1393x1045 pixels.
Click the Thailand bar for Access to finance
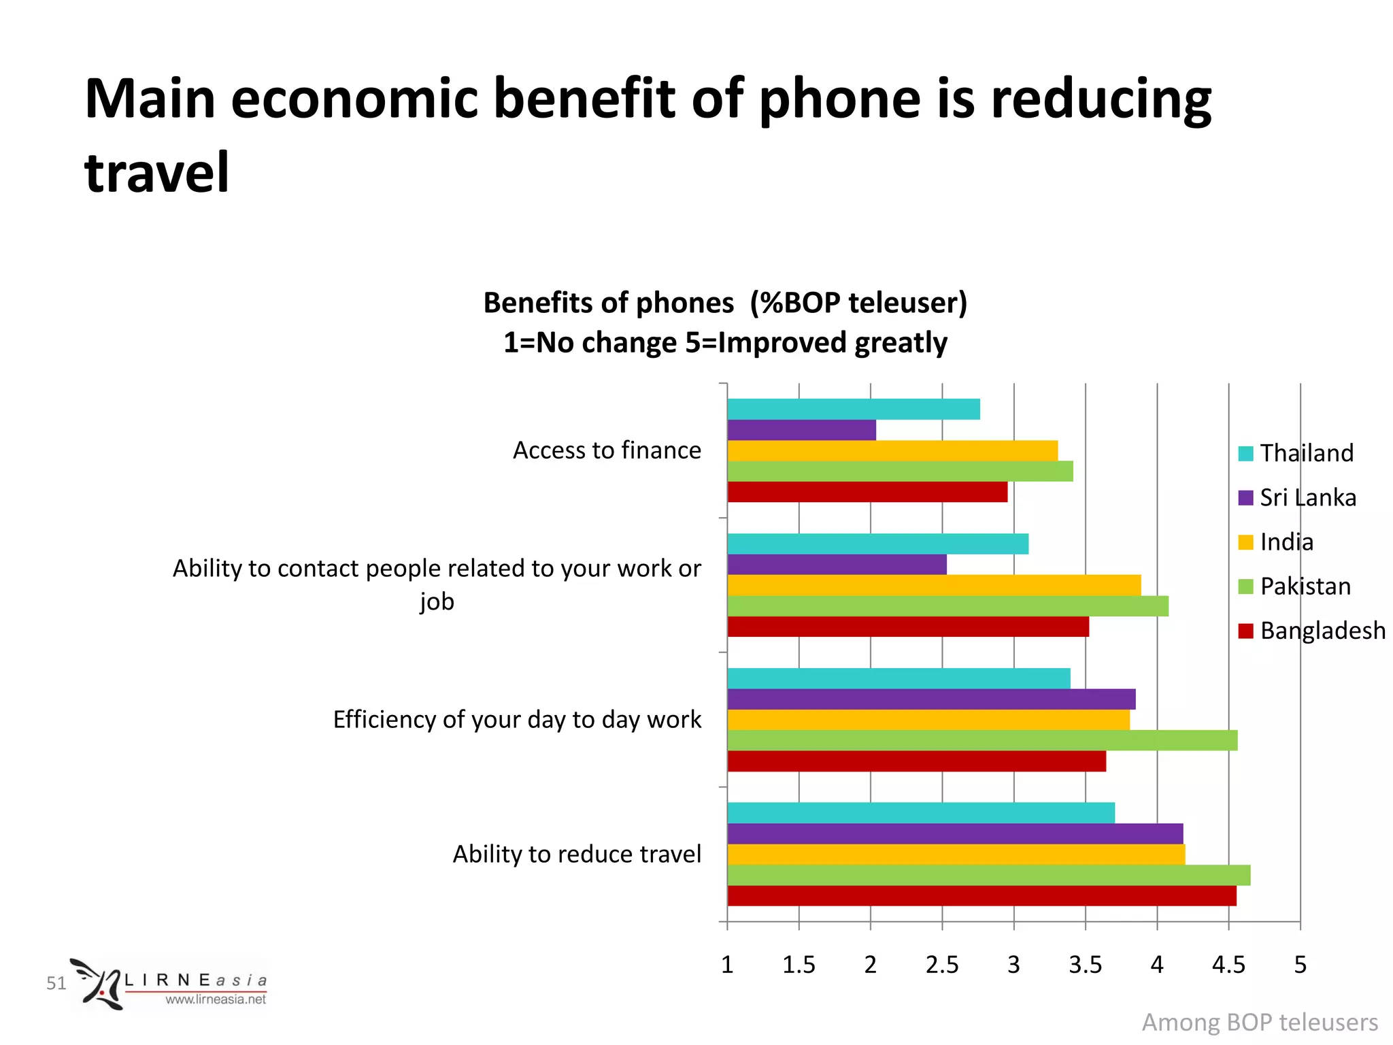coord(853,409)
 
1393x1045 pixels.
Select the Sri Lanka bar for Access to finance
coord(801,430)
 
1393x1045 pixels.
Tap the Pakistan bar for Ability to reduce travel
coord(988,875)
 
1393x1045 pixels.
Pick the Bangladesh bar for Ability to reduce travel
coord(981,896)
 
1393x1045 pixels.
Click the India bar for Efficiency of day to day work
coord(928,720)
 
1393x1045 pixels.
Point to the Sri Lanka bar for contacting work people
coord(837,565)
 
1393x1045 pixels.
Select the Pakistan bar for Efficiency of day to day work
coord(982,740)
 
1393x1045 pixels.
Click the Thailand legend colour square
coord(1245,453)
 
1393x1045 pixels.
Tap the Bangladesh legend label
coord(1322,631)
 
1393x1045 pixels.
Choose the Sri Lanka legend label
coord(1307,497)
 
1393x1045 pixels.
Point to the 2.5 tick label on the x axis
coord(942,965)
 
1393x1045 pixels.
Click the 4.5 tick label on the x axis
coord(1228,965)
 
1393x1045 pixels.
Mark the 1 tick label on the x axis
coord(727,965)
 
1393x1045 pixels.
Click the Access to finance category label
coord(607,450)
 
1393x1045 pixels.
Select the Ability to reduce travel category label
coord(577,854)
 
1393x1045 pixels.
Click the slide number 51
coord(56,983)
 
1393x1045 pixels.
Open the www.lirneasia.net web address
coord(216,999)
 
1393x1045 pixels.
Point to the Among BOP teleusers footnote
coord(1260,1022)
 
